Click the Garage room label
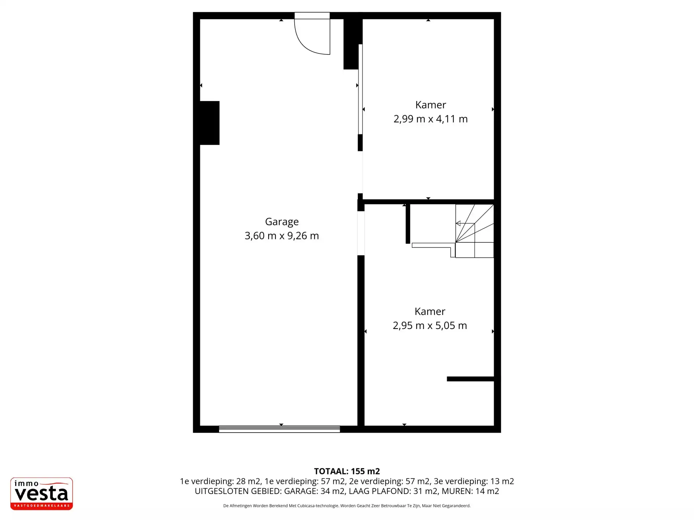(x=282, y=222)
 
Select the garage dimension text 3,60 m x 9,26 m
(x=282, y=236)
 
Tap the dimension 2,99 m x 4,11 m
(x=430, y=119)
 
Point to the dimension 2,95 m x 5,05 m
(x=430, y=325)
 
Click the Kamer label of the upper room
(x=430, y=105)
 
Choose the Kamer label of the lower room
(x=430, y=311)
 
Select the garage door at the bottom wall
(x=279, y=429)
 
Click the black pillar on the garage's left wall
(x=210, y=123)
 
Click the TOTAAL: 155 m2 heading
(x=347, y=471)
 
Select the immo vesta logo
(x=42, y=494)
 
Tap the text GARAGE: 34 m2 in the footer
(x=314, y=491)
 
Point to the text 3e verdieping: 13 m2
(x=474, y=481)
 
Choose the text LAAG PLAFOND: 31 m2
(x=393, y=491)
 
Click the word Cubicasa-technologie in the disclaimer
(x=318, y=506)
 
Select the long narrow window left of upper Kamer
(x=360, y=89)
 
